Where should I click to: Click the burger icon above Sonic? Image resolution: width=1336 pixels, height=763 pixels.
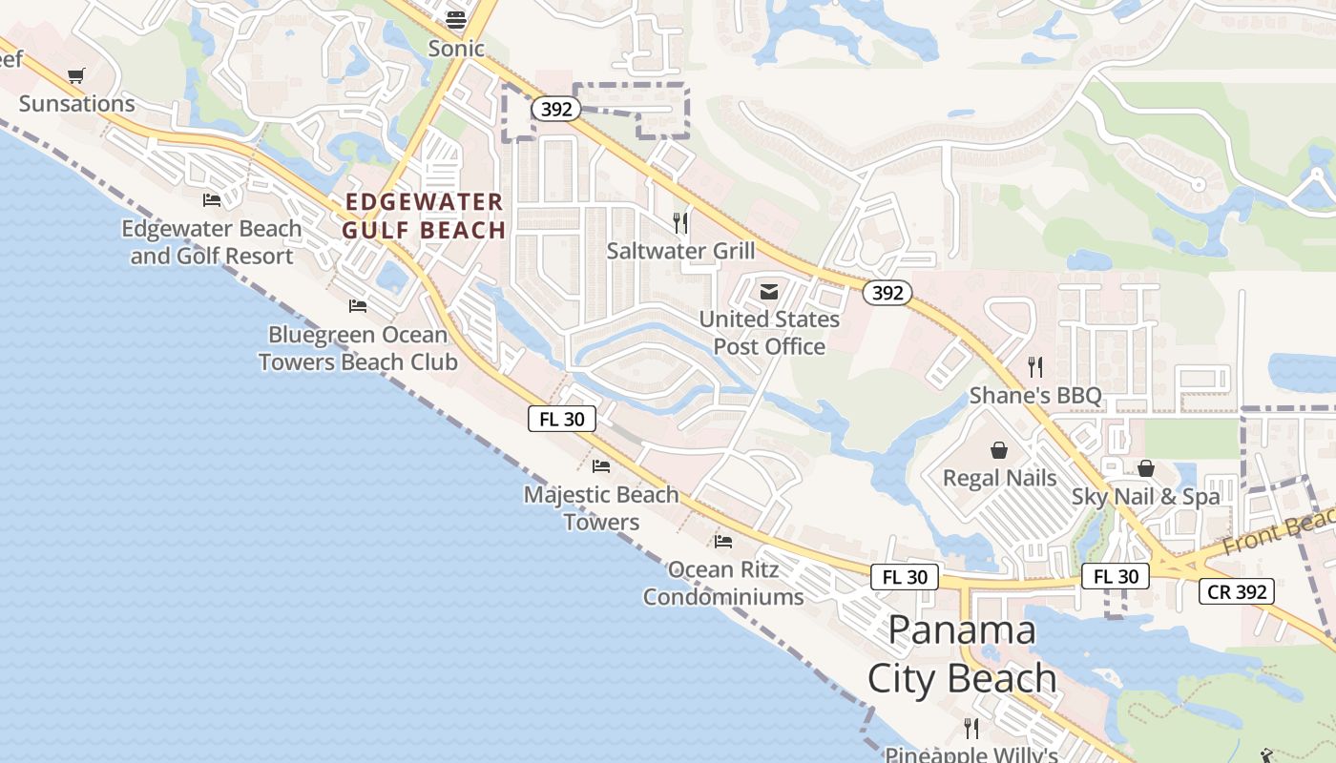[x=456, y=19]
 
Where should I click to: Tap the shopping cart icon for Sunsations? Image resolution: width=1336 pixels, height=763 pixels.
[x=76, y=75]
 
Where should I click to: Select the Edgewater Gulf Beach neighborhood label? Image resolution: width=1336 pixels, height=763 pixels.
[x=425, y=216]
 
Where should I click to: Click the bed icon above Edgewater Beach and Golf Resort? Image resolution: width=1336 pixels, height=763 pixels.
[x=212, y=199]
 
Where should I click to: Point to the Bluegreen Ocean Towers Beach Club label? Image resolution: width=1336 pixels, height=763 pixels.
[x=358, y=348]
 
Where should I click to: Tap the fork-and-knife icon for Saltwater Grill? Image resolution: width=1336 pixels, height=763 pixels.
[x=680, y=223]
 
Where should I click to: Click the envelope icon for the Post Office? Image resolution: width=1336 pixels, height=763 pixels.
[x=769, y=292]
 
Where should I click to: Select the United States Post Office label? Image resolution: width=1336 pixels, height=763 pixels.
[x=769, y=332]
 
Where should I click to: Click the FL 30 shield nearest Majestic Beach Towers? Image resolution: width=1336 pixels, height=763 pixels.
[x=562, y=418]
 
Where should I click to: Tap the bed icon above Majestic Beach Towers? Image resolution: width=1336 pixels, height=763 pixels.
[x=601, y=465]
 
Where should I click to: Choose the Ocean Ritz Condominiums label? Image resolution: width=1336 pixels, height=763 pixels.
[x=723, y=583]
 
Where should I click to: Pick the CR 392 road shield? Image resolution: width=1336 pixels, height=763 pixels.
[x=1237, y=591]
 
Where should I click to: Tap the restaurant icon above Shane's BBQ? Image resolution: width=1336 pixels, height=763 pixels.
[x=1035, y=366]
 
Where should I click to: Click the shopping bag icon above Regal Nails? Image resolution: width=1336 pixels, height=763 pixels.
[x=999, y=449]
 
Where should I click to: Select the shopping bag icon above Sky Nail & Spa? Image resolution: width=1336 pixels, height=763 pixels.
[x=1145, y=468]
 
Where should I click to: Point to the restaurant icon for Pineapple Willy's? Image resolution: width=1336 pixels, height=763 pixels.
[x=971, y=729]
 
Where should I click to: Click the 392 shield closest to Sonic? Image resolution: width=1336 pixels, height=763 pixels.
[x=555, y=109]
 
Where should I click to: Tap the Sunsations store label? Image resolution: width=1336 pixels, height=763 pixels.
[x=77, y=103]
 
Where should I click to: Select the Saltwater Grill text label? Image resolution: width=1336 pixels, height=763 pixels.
[x=680, y=251]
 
